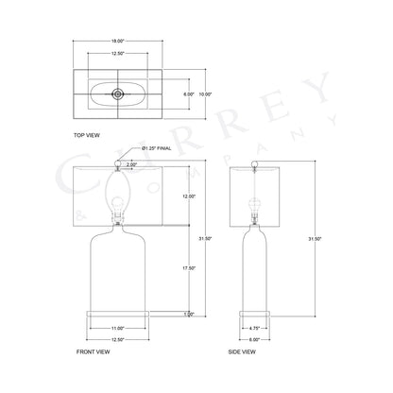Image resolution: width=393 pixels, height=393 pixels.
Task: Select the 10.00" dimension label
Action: click(x=206, y=94)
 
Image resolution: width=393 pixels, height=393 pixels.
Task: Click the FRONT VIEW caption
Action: click(x=93, y=350)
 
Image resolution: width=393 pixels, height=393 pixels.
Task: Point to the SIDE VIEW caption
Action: click(x=242, y=350)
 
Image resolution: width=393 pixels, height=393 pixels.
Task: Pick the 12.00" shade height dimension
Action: click(x=189, y=196)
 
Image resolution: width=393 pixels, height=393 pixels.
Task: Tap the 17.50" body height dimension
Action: click(x=189, y=267)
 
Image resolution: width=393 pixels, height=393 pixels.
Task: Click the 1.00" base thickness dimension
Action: click(x=189, y=313)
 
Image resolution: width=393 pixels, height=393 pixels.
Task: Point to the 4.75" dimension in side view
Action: click(x=253, y=326)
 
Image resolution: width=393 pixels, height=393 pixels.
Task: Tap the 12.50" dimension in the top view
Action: click(x=116, y=54)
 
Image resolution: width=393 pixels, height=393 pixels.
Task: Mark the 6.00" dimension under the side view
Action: click(x=253, y=337)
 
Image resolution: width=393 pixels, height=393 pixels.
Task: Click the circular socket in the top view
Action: click(x=117, y=94)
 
